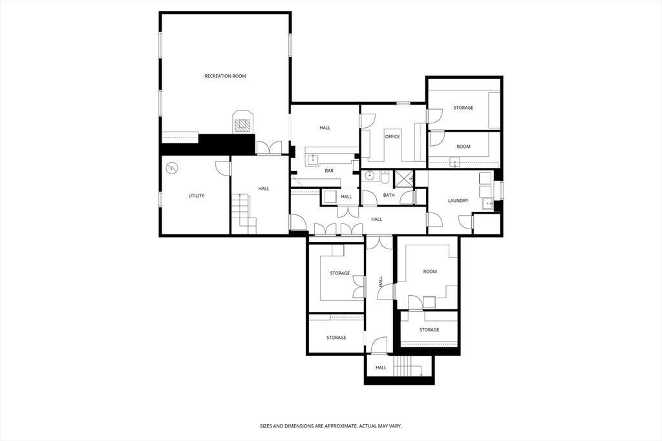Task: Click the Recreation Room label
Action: pos(225,76)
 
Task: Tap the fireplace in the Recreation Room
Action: pos(242,123)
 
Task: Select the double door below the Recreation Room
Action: pos(268,148)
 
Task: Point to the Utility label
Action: pos(197,196)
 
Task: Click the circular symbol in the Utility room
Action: pos(172,169)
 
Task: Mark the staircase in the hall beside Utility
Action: pos(244,213)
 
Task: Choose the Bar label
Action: pos(329,170)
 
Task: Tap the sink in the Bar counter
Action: pos(312,157)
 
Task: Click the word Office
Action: pos(392,137)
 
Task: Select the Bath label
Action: pos(389,195)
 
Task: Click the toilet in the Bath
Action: pos(385,175)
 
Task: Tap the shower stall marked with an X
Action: pos(404,178)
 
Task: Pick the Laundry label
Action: pos(458,201)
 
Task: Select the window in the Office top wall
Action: pos(403,103)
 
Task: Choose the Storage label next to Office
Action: pos(463,108)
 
